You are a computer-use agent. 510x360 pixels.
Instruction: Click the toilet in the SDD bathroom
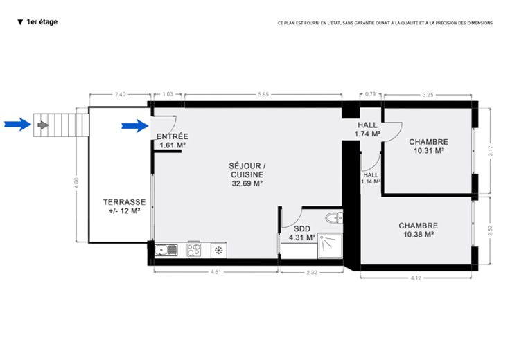point(334,217)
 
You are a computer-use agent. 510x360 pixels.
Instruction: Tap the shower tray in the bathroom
point(330,245)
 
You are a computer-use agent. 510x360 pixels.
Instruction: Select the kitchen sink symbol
point(166,250)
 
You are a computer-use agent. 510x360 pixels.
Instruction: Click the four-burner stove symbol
point(194,250)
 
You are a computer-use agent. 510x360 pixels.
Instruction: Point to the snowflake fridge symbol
point(219,250)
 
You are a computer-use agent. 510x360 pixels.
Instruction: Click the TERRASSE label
point(124,202)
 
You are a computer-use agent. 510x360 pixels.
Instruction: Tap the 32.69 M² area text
point(247,183)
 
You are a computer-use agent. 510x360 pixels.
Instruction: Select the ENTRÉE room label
point(173,136)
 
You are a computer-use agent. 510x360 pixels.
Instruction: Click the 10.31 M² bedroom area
point(429,151)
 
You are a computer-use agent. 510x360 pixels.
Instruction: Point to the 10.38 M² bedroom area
point(419,235)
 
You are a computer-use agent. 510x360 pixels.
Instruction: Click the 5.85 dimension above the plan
point(263,95)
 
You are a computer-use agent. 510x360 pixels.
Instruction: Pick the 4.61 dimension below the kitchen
point(216,272)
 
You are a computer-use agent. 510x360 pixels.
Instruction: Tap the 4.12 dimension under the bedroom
point(416,278)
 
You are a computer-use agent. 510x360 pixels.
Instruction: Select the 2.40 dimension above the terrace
point(120,95)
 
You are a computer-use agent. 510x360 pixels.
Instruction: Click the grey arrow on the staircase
point(43,125)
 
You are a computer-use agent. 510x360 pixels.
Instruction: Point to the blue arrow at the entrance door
point(135,126)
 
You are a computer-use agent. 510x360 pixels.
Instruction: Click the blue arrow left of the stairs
point(17,124)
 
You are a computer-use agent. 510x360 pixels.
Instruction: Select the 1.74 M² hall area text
point(367,134)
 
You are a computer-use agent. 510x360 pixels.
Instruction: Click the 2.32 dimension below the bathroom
point(312,273)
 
